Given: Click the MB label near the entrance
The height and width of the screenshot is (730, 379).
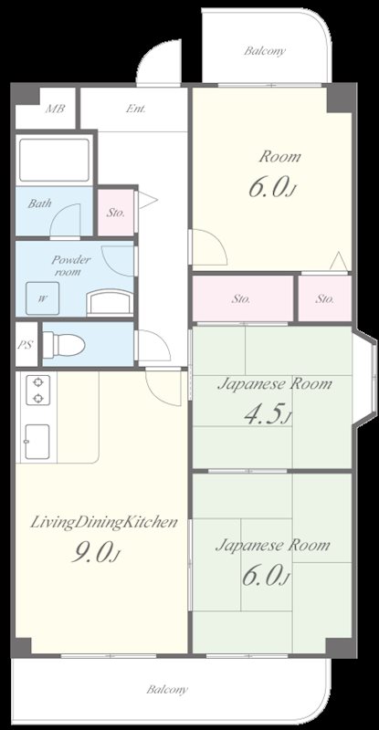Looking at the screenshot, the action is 55,109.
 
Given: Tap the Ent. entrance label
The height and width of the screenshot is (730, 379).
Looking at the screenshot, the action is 136,109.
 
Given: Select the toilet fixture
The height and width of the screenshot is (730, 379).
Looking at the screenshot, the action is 64,345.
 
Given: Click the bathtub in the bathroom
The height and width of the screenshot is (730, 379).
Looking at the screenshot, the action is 54,161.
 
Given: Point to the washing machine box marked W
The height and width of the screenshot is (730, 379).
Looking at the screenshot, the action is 42,298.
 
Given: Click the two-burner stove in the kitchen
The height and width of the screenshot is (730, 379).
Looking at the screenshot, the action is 37,391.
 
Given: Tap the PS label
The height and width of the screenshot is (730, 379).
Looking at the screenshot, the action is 26,346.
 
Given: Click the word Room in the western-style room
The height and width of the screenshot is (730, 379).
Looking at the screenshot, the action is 279,156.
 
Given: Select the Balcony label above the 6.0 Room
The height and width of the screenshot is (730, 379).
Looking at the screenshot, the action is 265,51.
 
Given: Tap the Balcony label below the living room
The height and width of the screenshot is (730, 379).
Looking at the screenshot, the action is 167,690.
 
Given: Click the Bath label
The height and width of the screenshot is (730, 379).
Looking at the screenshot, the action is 39,203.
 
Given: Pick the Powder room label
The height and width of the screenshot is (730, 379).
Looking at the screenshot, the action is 69,266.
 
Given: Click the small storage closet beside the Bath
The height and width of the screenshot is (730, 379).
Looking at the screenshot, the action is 116,213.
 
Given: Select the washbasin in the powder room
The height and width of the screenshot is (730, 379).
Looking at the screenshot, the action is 110,302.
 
